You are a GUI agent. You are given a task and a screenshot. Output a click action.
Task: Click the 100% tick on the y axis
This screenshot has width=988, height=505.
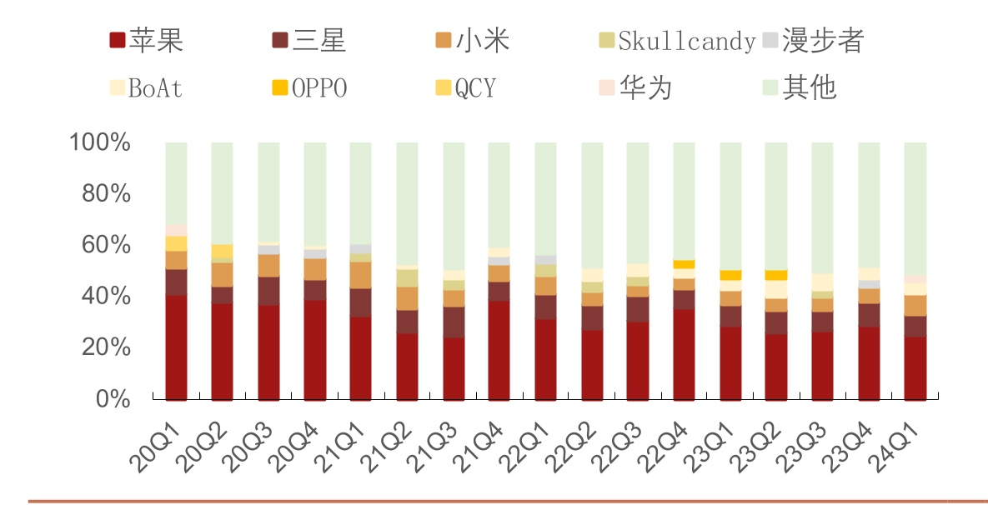point(100,142)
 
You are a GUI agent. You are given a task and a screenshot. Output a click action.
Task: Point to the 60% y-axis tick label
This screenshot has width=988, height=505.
point(106,245)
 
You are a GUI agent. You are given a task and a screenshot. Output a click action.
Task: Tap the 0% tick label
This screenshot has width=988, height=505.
point(113,399)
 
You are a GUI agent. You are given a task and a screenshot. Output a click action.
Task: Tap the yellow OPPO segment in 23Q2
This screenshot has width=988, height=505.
point(775,275)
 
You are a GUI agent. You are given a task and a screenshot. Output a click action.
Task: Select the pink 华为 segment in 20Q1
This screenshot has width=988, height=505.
point(176,229)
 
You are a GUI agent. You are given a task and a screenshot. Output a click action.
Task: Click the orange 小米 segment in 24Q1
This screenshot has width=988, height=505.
point(915,305)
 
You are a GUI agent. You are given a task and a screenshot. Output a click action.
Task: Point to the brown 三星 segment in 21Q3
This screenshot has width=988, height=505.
point(454,322)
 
